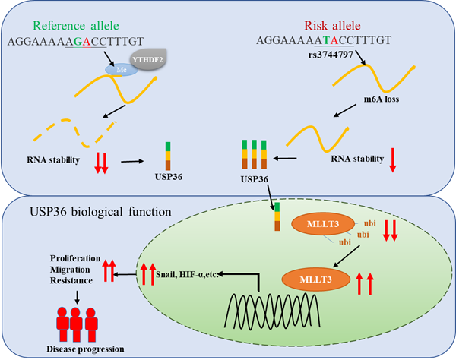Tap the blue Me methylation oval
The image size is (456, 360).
click(122, 70)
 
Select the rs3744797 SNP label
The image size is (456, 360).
click(331, 55)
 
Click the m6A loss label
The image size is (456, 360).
click(382, 99)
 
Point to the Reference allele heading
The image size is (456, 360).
click(76, 26)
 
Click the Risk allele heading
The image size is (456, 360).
click(332, 26)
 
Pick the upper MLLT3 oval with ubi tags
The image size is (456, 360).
click(323, 224)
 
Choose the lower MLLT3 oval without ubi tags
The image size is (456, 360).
click(316, 279)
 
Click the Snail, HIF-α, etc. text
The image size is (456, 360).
click(187, 274)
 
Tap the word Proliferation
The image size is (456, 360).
click(75, 258)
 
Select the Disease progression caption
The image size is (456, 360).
click(85, 349)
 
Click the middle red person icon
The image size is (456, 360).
click(75, 324)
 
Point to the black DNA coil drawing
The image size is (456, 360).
click(273, 311)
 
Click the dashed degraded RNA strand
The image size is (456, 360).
click(75, 132)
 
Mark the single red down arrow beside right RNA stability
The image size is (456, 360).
click(393, 159)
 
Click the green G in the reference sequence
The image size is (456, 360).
click(78, 41)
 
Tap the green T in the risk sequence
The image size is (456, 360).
click(327, 40)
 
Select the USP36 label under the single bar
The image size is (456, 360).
click(169, 177)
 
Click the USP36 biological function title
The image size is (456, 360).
click(100, 212)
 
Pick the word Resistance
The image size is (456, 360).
click(71, 280)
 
